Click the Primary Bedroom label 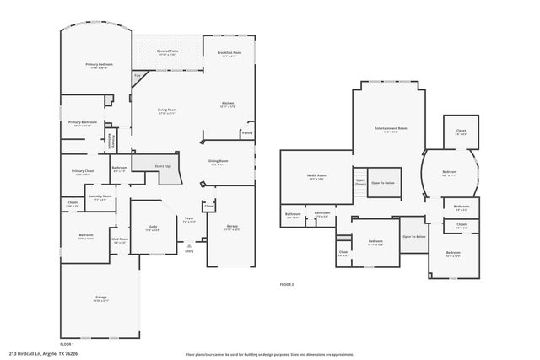99,66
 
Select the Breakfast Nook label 229,53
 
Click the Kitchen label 228,105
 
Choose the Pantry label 246,132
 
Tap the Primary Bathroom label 84,124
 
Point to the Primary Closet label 83,172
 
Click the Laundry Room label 100,198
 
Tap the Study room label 152,228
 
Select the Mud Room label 120,240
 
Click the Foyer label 190,220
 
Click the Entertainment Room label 391,129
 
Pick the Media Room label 316,177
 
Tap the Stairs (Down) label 359,181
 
